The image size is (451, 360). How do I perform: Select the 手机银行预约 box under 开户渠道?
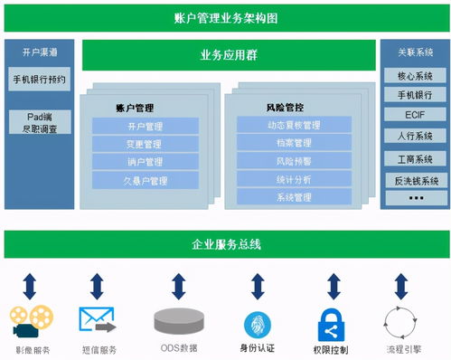pos(39,80)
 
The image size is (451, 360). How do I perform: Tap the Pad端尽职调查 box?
pos(39,123)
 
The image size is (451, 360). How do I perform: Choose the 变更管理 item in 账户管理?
pos(145,144)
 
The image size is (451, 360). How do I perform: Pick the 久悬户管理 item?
pos(145,181)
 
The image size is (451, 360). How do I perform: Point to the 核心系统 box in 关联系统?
pos(415,76)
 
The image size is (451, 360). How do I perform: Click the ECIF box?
pos(415,115)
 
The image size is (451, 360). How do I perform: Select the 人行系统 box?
pos(415,136)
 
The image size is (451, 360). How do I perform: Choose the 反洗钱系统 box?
pos(415,180)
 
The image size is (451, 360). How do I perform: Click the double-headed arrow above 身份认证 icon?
pos(258,286)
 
